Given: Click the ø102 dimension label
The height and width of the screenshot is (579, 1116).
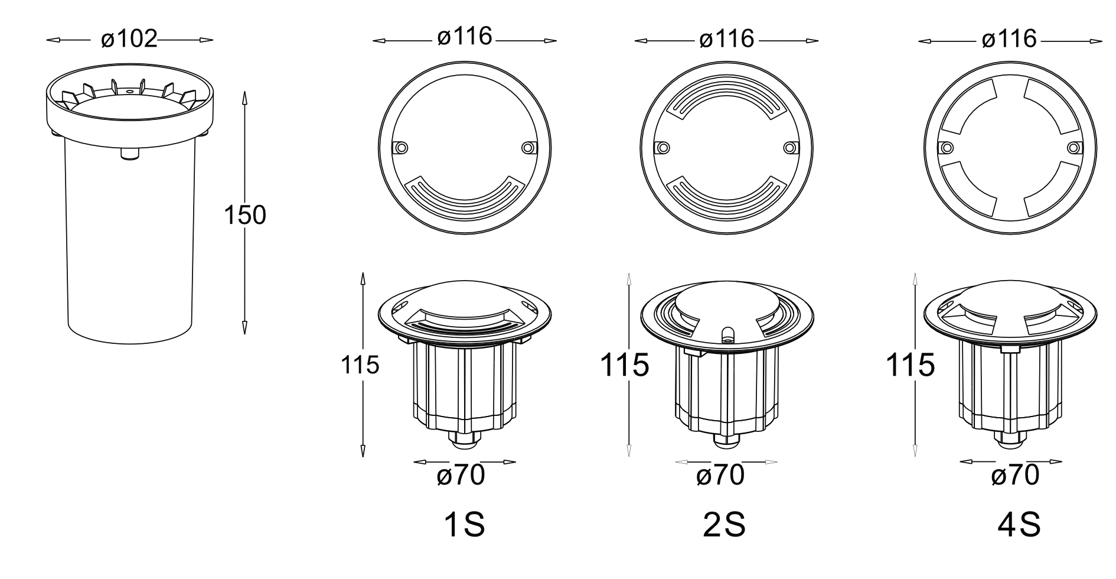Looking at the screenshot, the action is [129, 39].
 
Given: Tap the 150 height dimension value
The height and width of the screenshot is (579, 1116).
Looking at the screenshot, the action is [245, 215].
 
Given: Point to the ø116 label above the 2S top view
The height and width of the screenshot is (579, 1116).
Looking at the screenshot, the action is [727, 38].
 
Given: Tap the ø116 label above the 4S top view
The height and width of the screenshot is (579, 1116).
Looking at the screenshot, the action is [1009, 38].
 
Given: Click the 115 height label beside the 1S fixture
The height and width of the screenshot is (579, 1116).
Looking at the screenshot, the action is [360, 365].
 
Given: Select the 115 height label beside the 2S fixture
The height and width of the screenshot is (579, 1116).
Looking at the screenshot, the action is [625, 365].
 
